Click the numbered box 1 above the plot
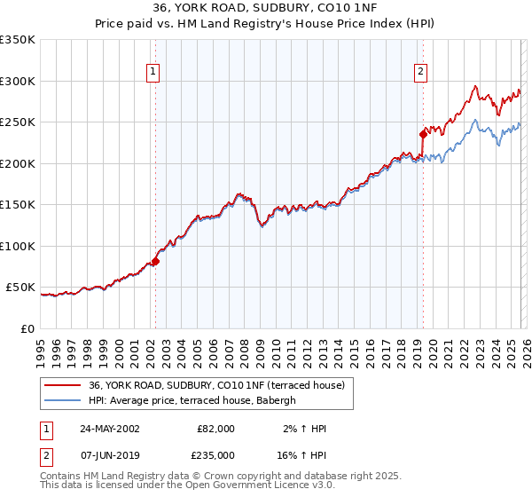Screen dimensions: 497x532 [153, 73]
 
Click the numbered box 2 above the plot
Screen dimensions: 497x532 [419, 73]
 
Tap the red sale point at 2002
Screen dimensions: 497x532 [155, 261]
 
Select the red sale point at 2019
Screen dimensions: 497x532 [423, 134]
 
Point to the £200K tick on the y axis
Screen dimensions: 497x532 [18, 163]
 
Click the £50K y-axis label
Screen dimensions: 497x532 [21, 288]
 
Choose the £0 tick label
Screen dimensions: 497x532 [27, 329]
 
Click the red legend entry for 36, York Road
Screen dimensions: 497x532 [222, 385]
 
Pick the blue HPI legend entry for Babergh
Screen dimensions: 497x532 [197, 401]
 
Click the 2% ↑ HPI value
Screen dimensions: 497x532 [304, 429]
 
